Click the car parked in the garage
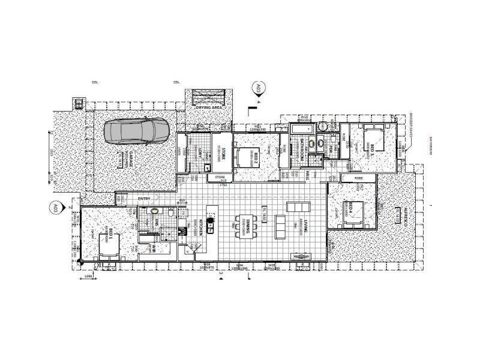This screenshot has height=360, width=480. click(136, 131)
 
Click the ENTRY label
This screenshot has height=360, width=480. click(144, 199)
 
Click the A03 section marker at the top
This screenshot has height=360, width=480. click(259, 90)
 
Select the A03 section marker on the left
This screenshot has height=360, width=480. click(53, 209)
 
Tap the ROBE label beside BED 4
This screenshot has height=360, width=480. click(359, 178)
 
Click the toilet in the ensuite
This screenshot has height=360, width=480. click(172, 213)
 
